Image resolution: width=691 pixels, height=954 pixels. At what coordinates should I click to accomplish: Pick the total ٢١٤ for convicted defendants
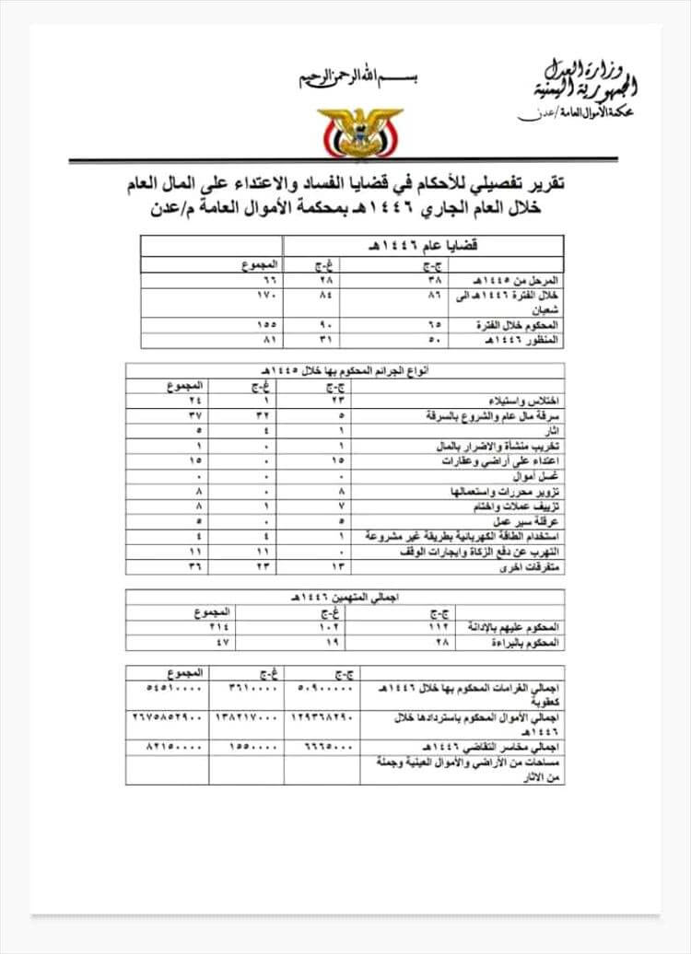click(x=197, y=625)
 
